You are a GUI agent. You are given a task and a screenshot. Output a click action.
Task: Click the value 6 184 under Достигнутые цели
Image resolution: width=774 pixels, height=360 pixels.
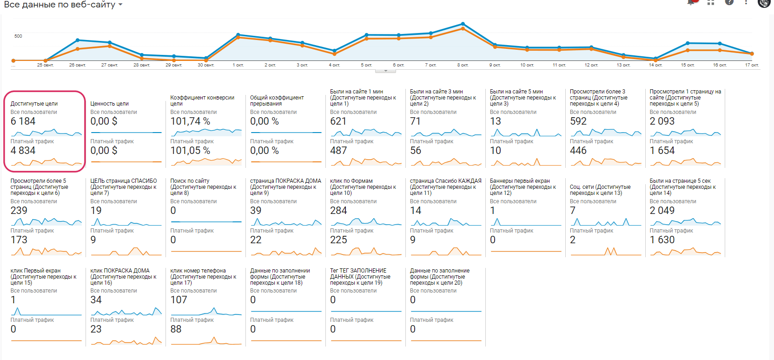pyautogui.click(x=23, y=121)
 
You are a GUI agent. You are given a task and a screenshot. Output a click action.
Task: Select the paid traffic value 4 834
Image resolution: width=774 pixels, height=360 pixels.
pyautogui.click(x=23, y=151)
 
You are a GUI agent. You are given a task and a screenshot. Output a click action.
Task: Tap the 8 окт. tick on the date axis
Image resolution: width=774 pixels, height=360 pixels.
pyautogui.click(x=463, y=65)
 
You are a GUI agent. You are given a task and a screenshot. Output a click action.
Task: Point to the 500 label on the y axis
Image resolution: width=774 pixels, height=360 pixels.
pyautogui.click(x=18, y=36)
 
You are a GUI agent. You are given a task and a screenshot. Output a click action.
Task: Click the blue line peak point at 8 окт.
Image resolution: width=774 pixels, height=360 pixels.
pyautogui.click(x=463, y=24)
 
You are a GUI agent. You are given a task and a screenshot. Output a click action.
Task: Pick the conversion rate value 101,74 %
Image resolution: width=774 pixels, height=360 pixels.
pyautogui.click(x=190, y=121)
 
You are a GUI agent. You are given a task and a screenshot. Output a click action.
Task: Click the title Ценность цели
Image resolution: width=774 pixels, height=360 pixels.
pyautogui.click(x=109, y=104)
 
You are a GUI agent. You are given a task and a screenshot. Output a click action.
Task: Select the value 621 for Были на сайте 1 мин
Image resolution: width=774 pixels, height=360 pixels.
pyautogui.click(x=338, y=121)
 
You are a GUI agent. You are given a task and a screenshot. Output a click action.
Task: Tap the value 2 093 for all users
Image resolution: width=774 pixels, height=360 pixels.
pyautogui.click(x=662, y=121)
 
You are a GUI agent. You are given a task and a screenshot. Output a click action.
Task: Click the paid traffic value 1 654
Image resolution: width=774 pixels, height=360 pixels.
pyautogui.click(x=662, y=151)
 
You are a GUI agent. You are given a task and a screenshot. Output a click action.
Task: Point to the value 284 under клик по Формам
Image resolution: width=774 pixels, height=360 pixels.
pyautogui.click(x=338, y=211)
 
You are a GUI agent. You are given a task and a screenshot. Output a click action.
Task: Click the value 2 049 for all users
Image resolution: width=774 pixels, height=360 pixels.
pyautogui.click(x=662, y=211)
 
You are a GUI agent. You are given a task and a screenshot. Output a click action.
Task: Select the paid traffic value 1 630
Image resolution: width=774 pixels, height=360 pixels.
pyautogui.click(x=662, y=240)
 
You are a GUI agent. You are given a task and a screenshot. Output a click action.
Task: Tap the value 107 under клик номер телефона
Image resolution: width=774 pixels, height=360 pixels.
pyautogui.click(x=179, y=300)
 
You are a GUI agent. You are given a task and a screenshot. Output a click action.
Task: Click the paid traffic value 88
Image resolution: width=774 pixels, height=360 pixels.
pyautogui.click(x=176, y=329)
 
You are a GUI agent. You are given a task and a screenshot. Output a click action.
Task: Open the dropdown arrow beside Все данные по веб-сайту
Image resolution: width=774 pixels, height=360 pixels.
pyautogui.click(x=120, y=5)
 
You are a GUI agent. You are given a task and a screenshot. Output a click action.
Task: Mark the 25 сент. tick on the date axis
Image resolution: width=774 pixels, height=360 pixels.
pyautogui.click(x=46, y=65)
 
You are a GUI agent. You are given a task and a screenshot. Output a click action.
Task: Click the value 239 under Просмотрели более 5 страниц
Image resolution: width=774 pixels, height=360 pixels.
pyautogui.click(x=19, y=211)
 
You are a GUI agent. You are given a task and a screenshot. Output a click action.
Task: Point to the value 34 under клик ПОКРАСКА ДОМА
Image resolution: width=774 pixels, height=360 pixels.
pyautogui.click(x=96, y=300)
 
